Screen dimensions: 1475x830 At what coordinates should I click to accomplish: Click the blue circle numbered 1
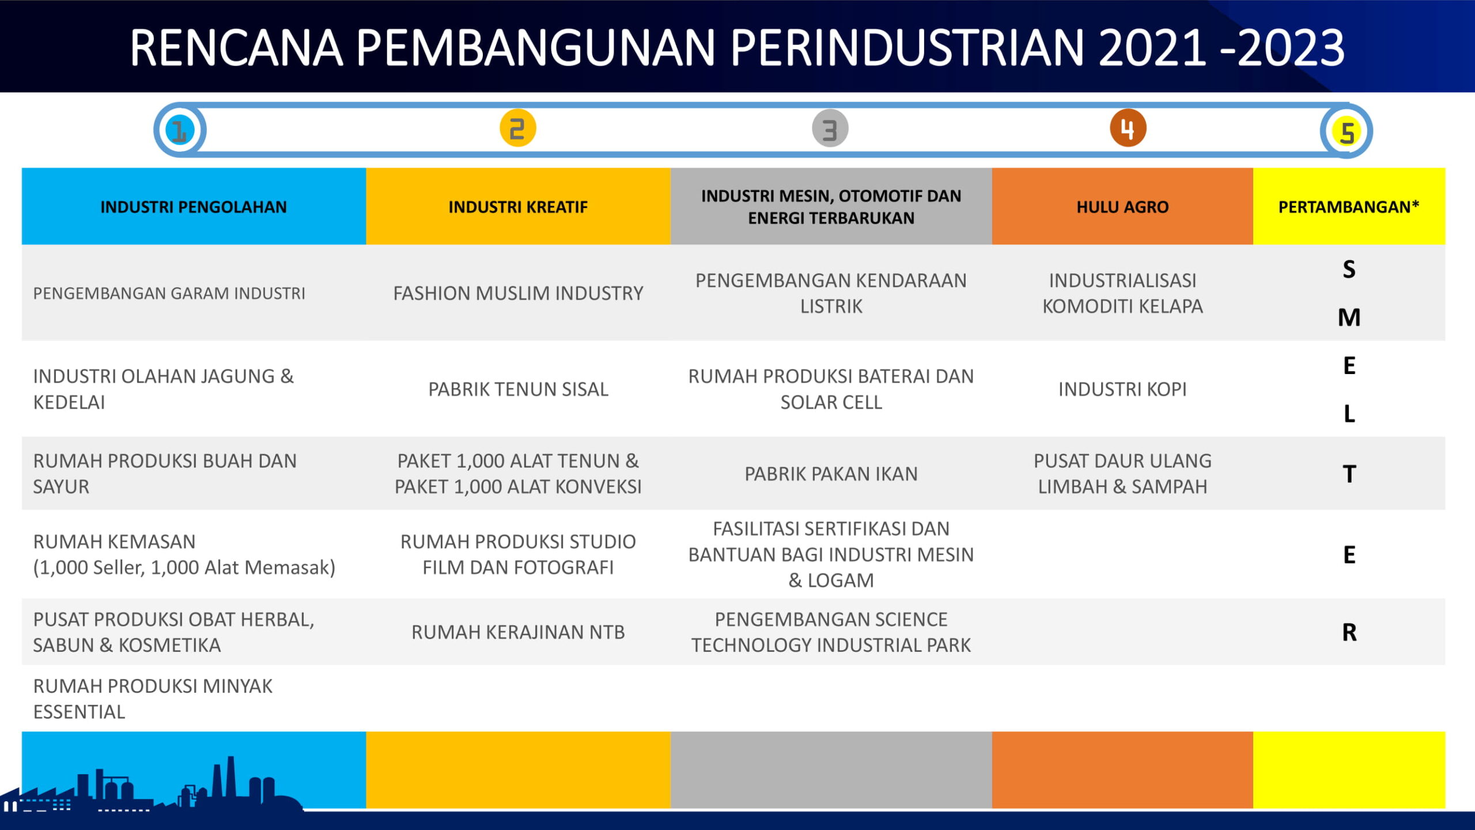(x=180, y=130)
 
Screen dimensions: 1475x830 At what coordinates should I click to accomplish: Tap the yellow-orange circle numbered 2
(x=517, y=128)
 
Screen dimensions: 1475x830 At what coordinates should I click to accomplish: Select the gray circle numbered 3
(x=830, y=129)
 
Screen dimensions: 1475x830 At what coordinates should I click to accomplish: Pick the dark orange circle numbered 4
(x=1128, y=128)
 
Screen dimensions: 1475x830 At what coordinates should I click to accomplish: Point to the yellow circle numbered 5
(x=1347, y=131)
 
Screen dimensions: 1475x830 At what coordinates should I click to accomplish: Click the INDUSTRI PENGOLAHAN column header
(x=194, y=206)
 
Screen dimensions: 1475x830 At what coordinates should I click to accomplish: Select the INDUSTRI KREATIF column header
(x=518, y=206)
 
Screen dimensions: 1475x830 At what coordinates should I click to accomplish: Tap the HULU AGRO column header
(x=1122, y=206)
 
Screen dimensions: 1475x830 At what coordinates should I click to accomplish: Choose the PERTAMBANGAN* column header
(x=1349, y=206)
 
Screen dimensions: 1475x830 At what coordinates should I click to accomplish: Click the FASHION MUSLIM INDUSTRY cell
(x=518, y=293)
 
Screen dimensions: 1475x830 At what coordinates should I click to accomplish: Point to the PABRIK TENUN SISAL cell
(x=518, y=389)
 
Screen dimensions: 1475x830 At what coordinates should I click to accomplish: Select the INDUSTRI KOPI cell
(x=1122, y=389)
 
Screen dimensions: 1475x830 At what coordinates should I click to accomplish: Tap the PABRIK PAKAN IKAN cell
(x=831, y=474)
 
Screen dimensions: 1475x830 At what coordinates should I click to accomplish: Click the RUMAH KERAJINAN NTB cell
(x=518, y=632)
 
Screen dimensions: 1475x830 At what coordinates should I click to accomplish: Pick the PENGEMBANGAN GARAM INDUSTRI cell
(x=169, y=293)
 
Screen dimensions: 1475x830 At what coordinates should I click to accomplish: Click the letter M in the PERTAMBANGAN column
(x=1349, y=318)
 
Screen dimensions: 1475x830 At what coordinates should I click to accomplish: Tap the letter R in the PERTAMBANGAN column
(x=1349, y=632)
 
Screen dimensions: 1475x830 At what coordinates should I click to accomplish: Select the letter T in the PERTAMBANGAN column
(x=1349, y=474)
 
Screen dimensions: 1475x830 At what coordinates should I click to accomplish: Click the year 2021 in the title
(x=1152, y=47)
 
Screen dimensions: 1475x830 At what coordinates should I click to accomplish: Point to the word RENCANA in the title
(x=236, y=47)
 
